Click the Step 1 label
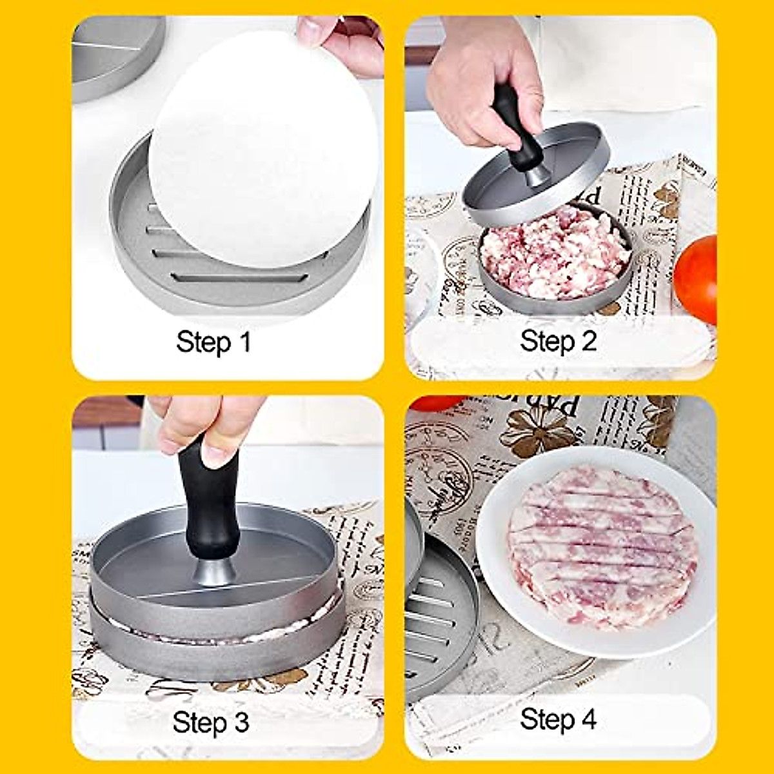[213, 341]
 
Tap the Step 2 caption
[559, 341]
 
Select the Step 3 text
[210, 722]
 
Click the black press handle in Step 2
[513, 129]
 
